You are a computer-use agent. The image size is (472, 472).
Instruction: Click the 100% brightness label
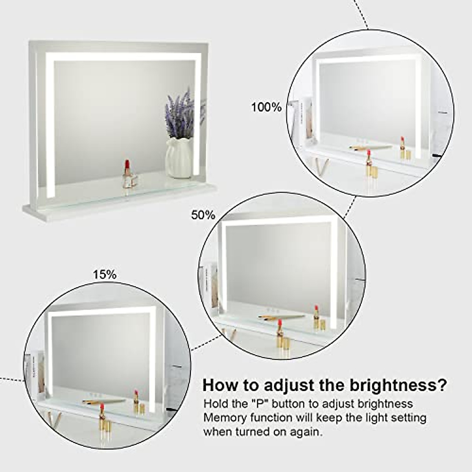pos(266,107)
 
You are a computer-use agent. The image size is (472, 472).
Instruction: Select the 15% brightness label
pos(105,274)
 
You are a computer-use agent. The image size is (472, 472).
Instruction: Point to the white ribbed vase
pos(179,157)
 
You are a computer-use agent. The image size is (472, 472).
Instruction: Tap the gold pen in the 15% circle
pos(104,402)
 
